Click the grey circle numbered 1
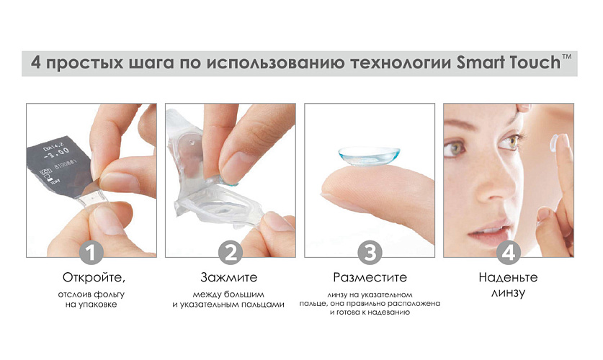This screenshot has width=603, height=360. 91,253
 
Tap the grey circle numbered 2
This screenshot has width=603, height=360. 231,253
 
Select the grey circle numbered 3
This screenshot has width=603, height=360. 370,253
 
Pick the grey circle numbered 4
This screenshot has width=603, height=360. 509,253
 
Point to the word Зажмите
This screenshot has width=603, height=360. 229,277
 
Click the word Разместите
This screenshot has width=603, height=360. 370,277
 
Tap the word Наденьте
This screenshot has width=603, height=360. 508,277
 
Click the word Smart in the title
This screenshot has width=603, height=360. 481,63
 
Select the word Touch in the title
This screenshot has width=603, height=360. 535,63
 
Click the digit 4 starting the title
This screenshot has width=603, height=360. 36,63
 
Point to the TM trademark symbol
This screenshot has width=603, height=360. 567,57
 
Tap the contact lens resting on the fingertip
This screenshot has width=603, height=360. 369,156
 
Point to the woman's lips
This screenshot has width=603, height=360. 488,230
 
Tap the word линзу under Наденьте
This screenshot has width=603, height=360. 508,293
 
